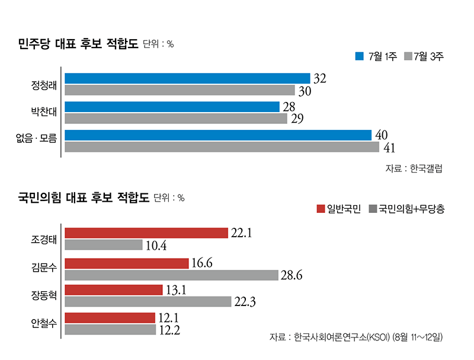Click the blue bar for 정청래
187,78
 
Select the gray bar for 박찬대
176,119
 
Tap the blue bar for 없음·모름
218,135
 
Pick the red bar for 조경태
146,233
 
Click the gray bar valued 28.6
171,275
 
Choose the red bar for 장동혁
114,289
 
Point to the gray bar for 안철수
110,329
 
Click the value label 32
321,78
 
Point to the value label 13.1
175,289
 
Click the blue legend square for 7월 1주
359,57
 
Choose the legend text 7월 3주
428,57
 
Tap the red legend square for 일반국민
321,209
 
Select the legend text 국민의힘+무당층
411,209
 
